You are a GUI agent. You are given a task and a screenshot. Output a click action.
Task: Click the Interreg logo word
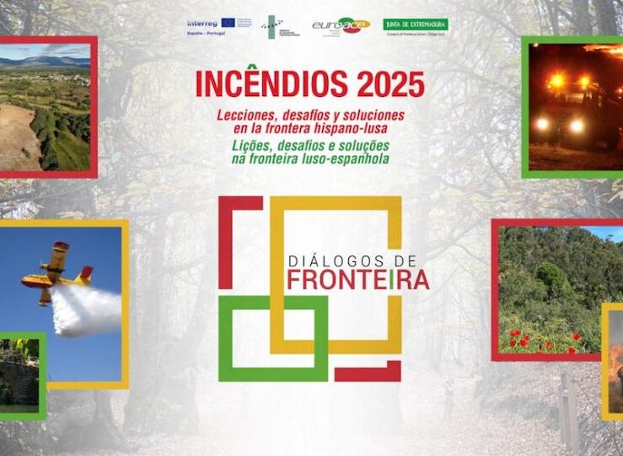click(201, 23)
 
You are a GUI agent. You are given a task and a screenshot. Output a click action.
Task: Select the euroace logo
click(341, 25)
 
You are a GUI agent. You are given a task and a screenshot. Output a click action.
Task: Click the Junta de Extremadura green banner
click(416, 24)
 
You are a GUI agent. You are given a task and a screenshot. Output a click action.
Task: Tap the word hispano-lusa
click(355, 126)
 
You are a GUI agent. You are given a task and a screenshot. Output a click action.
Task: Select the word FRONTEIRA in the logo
click(357, 280)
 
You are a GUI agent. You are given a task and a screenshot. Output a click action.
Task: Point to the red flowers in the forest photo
click(540, 341)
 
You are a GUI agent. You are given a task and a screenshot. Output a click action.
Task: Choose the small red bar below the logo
click(368, 371)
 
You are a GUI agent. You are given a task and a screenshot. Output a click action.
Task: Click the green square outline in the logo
click(273, 337)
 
